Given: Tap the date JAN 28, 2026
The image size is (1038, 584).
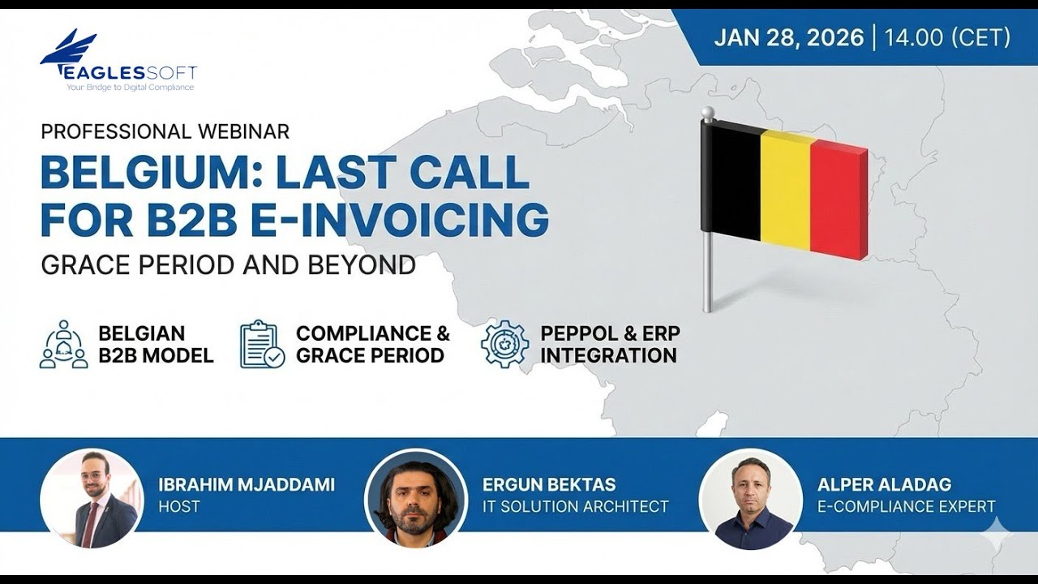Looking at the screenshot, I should (788, 38).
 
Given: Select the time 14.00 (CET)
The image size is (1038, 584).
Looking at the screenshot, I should (947, 38).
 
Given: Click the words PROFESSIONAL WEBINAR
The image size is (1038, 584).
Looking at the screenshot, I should (165, 131).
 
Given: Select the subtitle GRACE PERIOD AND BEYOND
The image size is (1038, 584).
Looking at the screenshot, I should (228, 265).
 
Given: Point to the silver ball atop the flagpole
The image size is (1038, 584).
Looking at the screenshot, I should (707, 113).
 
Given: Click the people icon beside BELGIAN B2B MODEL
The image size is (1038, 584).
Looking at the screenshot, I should (63, 345).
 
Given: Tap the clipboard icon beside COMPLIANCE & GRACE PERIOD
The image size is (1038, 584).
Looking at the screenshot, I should (262, 345).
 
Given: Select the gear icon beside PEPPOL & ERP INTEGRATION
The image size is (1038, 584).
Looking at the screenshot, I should (504, 345).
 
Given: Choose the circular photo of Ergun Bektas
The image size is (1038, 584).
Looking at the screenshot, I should (415, 499).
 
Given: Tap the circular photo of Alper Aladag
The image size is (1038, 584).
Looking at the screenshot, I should (750, 499).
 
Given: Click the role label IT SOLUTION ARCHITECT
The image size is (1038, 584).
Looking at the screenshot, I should (575, 507).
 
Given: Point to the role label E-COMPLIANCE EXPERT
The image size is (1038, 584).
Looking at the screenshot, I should (906, 507).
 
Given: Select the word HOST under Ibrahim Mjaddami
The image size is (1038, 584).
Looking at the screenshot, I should (179, 507).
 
